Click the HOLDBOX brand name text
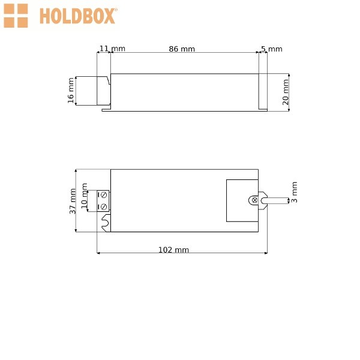[78, 16]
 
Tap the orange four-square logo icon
[16, 16]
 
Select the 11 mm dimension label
[112, 49]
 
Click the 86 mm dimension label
[182, 49]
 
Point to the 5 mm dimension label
[272, 49]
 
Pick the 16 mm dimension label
[71, 91]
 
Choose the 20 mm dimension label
[286, 92]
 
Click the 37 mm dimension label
[73, 201]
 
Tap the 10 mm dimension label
[84, 196]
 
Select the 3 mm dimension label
[294, 192]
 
